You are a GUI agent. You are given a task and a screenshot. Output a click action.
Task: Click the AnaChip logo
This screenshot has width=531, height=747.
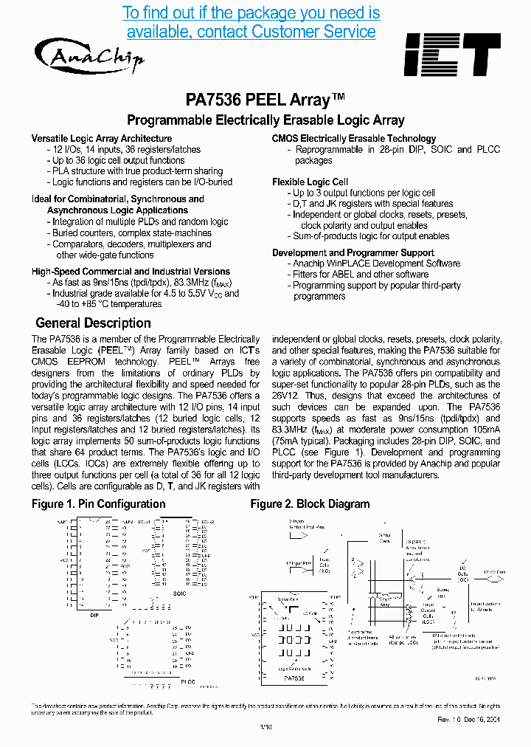tap(88, 55)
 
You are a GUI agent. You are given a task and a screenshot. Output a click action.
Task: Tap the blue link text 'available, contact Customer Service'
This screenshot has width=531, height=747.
tap(251, 32)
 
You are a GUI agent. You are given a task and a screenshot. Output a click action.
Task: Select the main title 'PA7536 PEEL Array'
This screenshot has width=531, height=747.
tap(265, 100)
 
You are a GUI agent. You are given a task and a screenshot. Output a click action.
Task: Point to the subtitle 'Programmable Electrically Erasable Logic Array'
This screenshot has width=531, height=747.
tap(265, 120)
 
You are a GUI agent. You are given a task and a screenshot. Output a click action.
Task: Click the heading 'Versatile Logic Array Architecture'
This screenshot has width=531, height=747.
tap(102, 139)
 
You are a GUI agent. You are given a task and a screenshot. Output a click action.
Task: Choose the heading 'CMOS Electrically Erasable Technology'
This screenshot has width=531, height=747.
tap(354, 139)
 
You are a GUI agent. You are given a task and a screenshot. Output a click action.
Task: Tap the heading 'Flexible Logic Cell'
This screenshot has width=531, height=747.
tap(310, 182)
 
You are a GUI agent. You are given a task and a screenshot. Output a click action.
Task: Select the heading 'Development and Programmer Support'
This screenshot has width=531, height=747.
tap(353, 252)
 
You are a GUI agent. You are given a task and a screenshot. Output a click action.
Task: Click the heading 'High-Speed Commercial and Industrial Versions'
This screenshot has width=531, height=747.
tap(131, 272)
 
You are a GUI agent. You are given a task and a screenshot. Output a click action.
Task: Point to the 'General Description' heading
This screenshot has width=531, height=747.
tap(93, 323)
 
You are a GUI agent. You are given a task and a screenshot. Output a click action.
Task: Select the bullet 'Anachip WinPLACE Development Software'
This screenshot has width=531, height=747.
tap(376, 264)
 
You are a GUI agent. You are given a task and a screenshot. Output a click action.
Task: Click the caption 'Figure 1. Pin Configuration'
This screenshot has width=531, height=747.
tap(98, 504)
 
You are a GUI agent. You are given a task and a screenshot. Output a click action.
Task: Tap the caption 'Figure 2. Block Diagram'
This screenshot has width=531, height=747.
tap(310, 504)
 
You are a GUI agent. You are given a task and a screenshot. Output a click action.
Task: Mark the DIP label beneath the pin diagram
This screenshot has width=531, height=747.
tap(94, 614)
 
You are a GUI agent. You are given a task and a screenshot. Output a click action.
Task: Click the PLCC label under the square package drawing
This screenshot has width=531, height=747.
tap(187, 681)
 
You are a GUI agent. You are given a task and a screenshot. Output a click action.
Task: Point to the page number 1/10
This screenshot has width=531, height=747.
tap(266, 728)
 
